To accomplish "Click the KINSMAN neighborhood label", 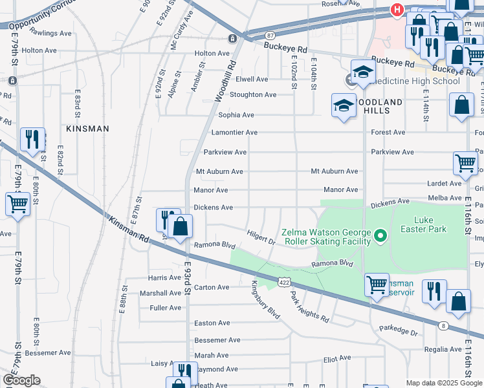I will click(87, 129).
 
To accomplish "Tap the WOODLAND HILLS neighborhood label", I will click(378, 107).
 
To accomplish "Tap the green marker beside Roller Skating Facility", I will click(381, 237).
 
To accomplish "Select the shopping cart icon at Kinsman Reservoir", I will click(377, 285).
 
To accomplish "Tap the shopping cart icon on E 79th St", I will click(18, 204).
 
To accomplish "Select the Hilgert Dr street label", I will click(261, 237).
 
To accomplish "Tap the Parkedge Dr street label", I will click(399, 329).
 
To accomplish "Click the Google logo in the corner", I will click(21, 380).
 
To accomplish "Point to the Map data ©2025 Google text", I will click(443, 383).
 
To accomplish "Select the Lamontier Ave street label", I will click(234, 133).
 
